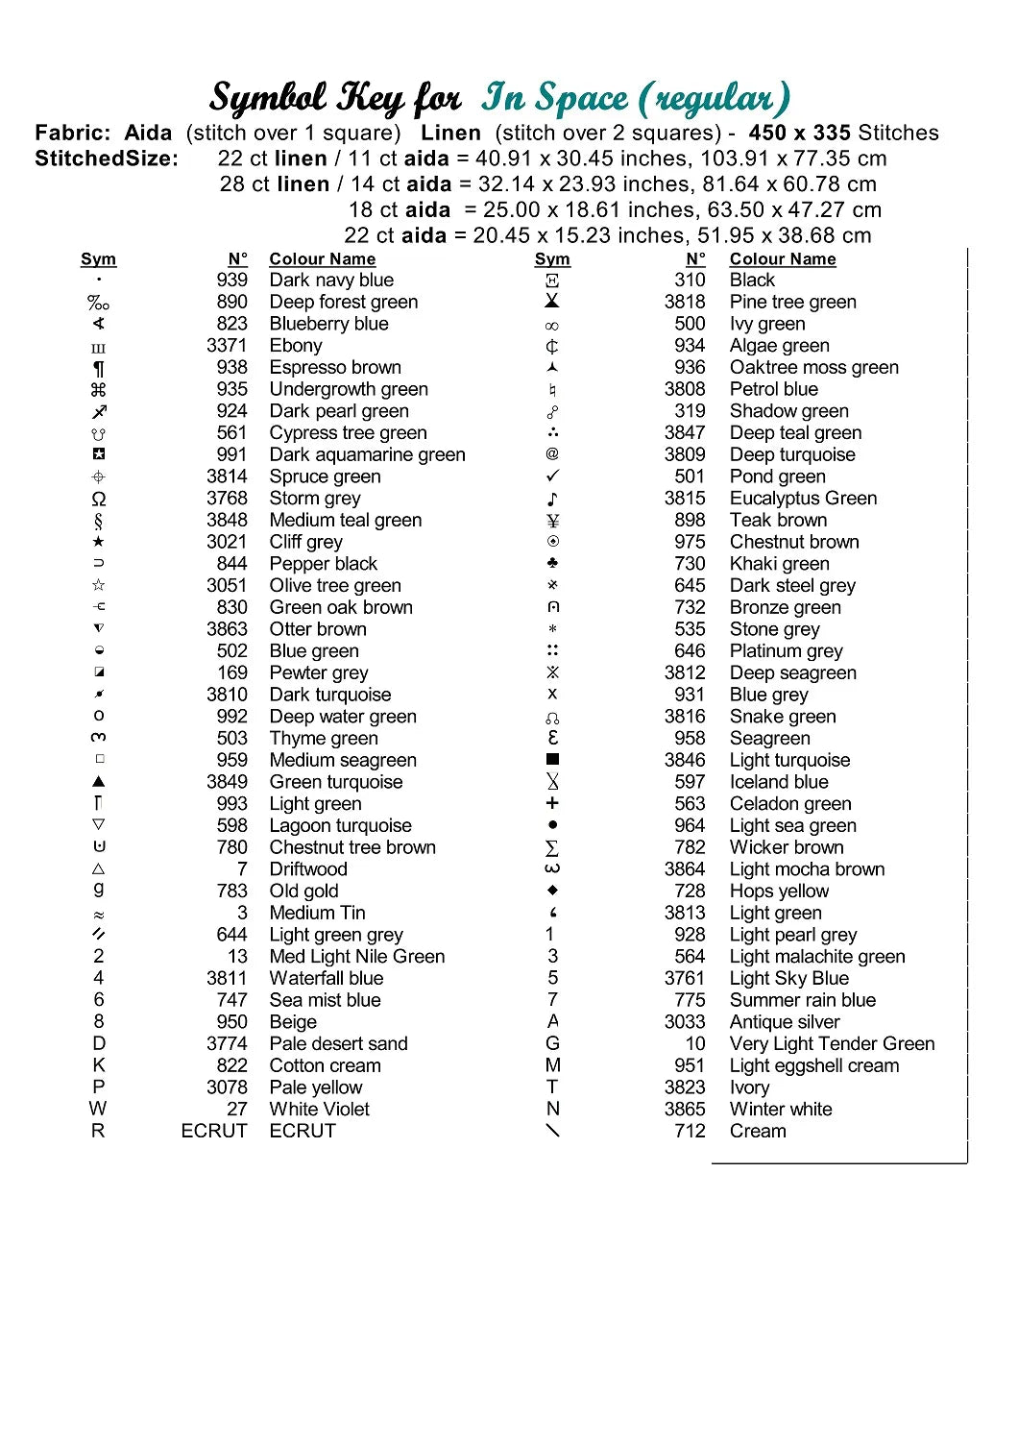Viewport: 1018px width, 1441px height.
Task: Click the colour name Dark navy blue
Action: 331,280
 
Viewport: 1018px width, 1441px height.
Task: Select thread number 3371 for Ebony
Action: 227,345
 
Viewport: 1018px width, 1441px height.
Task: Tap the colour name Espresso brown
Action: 335,367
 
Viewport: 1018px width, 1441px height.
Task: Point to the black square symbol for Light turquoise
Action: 552,759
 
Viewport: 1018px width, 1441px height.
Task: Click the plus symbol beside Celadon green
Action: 552,803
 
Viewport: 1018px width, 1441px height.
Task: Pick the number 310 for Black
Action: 690,280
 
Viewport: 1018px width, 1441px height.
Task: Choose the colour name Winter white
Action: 781,1109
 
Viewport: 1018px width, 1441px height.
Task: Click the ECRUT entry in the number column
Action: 214,1131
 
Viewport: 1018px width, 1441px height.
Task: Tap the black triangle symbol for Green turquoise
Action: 99,781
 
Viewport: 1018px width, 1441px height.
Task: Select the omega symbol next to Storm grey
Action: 99,499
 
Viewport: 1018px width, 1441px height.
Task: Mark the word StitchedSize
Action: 107,159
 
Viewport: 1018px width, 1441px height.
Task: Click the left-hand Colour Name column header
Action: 322,258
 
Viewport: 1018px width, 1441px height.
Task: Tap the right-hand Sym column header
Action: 552,258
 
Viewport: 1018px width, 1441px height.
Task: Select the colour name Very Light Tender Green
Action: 832,1043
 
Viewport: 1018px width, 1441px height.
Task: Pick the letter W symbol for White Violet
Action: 98,1109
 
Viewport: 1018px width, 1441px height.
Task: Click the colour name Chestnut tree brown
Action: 352,847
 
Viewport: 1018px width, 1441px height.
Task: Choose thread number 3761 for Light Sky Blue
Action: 684,978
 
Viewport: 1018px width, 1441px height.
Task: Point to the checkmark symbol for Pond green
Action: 552,476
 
